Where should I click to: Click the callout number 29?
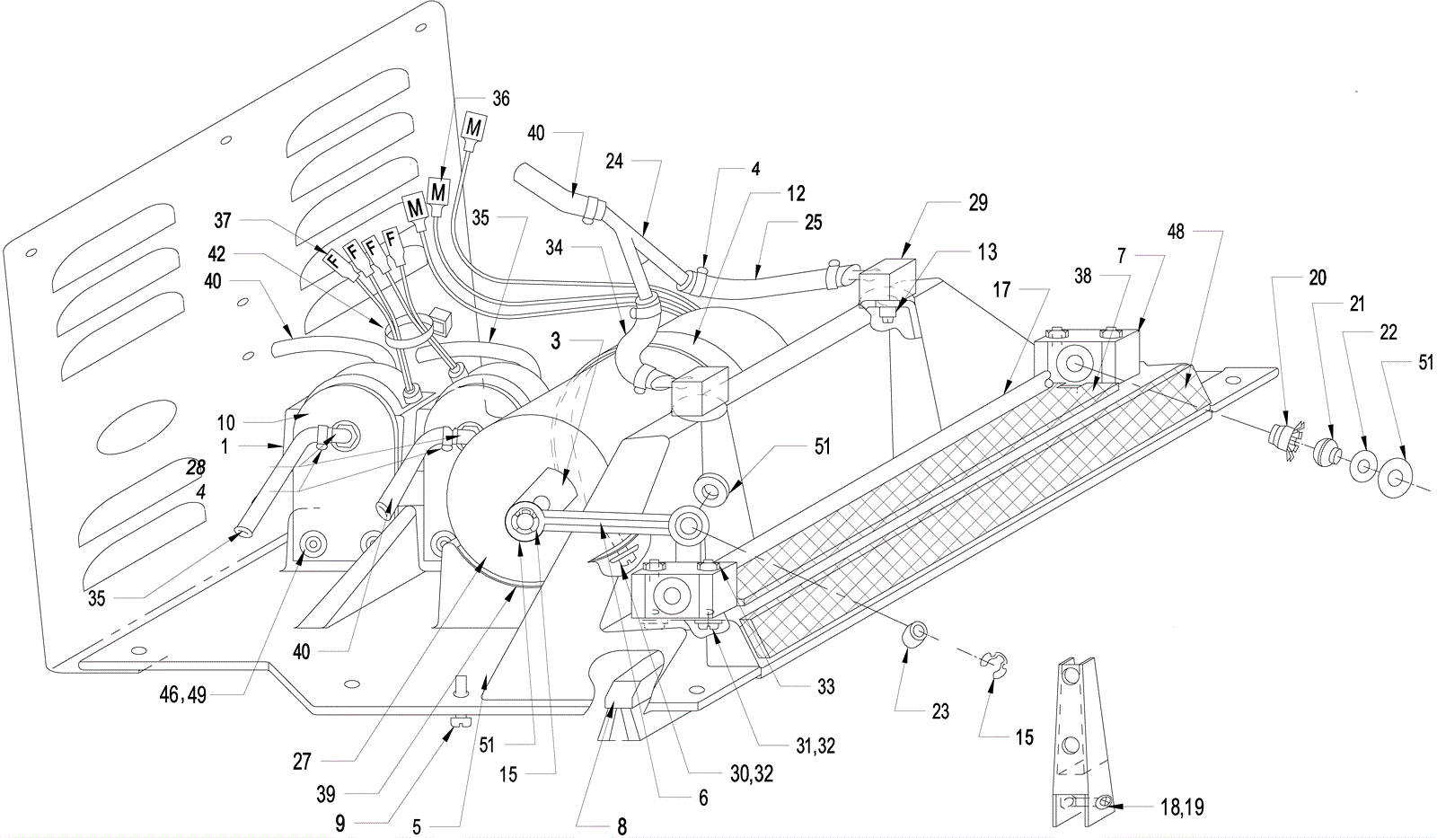pos(978,203)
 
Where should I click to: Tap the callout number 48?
pos(1176,231)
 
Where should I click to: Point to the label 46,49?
pos(183,695)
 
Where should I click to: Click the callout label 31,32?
pos(812,746)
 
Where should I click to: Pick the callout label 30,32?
pos(751,774)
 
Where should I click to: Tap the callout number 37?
pos(222,221)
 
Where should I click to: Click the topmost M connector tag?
pos(473,127)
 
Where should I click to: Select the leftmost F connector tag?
pos(333,261)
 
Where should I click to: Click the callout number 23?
pos(939,711)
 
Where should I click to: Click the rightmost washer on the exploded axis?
pos(1390,478)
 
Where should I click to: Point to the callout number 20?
pos(1317,278)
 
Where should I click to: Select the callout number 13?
pos(987,252)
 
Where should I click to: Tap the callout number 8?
pos(622,826)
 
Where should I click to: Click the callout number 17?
pos(1001,289)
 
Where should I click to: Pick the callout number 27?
pos(302,762)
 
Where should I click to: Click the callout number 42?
pos(216,253)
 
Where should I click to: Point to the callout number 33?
pos(825,686)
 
